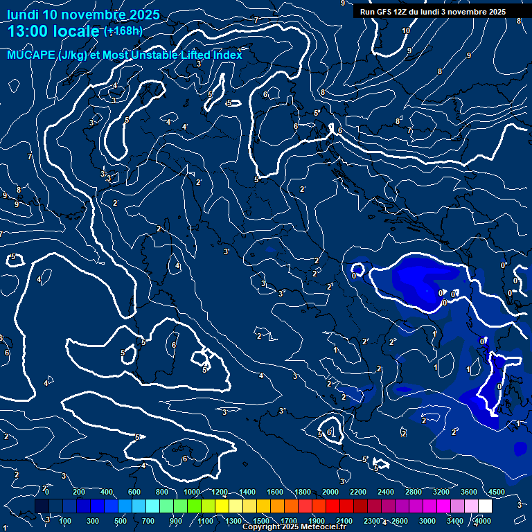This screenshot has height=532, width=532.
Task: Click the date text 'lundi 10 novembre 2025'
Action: point(83,15)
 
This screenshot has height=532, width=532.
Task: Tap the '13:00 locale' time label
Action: point(53,31)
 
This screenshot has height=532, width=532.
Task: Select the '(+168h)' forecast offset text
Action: point(123,30)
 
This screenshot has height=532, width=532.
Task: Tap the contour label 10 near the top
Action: point(406,31)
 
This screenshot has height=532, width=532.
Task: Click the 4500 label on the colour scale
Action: point(496,492)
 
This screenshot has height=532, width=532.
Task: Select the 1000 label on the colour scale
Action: point(192,492)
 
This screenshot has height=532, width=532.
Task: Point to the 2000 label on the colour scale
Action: point(330,492)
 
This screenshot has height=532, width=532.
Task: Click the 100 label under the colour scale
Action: point(66,521)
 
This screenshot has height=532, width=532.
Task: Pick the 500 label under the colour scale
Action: point(121,521)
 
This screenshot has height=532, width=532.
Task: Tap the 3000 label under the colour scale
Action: point(427,521)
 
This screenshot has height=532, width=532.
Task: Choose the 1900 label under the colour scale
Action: point(317,521)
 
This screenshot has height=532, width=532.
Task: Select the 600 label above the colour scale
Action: point(135,492)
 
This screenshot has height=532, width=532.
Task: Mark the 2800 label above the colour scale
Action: point(414,492)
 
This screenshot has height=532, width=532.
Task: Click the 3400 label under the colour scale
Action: point(455,521)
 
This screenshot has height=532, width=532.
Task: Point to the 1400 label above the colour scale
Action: point(247,492)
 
